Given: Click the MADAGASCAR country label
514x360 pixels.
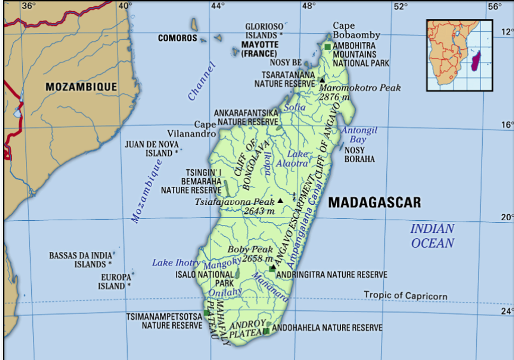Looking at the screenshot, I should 374,202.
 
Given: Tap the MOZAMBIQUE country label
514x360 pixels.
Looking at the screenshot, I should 81,87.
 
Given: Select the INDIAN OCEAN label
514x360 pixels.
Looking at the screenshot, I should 432,236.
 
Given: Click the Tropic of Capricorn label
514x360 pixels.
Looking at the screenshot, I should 405,295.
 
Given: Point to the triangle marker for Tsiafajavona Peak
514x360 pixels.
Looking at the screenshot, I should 280,201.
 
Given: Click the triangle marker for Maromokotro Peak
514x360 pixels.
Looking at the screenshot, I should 322,80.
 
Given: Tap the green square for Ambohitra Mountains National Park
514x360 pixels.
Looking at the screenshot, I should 327,47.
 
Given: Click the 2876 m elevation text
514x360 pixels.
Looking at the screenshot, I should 334,97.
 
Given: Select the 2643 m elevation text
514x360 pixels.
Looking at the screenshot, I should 260,211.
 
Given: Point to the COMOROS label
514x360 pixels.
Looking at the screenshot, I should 178,38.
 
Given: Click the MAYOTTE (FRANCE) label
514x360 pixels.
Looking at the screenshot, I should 260,49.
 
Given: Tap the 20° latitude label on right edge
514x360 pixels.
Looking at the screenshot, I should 507,217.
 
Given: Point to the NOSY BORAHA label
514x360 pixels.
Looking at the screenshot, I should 359,155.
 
